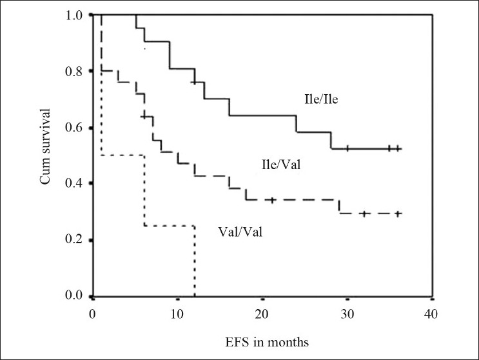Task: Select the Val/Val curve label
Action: pos(238,230)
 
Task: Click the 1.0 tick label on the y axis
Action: pos(75,15)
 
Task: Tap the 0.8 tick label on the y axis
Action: pos(75,71)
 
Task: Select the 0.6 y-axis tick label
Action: pos(75,128)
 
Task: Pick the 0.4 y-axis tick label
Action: pos(75,184)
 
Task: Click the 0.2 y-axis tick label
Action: pos(75,241)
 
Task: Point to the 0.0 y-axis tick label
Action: pos(75,297)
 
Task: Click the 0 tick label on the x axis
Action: pos(93,313)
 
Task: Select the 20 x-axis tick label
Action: pos(262,313)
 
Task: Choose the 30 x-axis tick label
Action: pos(346,313)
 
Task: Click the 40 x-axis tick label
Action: pos(431,313)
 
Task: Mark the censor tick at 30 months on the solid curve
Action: pos(347,148)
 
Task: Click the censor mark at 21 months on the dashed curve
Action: pos(271,200)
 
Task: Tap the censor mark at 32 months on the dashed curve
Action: pos(364,214)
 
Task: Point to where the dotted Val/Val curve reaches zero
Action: pos(195,296)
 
